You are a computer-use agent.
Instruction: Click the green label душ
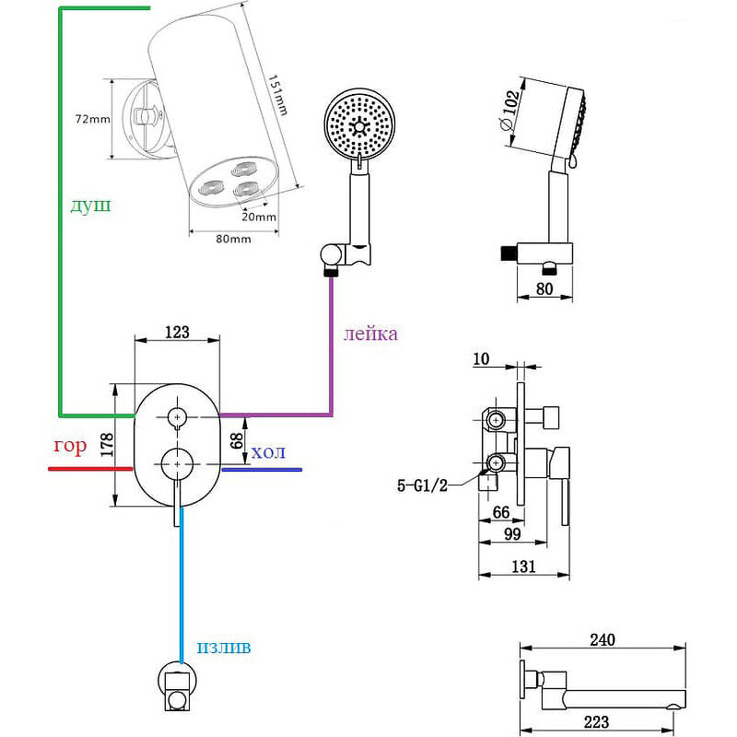(90, 205)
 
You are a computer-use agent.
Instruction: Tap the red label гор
(70, 447)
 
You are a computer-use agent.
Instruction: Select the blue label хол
(268, 451)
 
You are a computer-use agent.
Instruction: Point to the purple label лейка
(370, 333)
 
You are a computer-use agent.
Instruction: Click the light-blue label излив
(223, 648)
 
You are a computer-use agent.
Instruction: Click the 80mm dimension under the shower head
(233, 240)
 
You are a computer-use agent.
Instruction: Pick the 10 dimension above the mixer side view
(481, 357)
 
